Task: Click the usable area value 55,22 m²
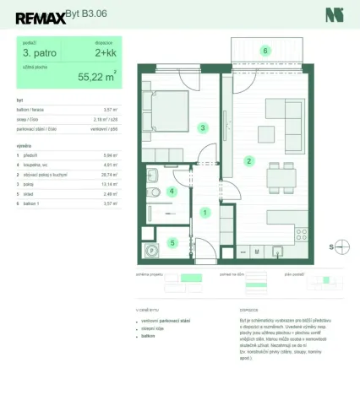click(97, 76)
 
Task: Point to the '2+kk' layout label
click(106, 57)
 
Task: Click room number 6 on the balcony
click(265, 51)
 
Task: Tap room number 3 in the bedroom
click(202, 128)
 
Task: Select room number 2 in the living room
click(248, 160)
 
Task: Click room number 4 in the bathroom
click(172, 192)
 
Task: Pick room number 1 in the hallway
click(205, 214)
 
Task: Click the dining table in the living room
click(279, 178)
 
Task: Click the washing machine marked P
click(153, 249)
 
